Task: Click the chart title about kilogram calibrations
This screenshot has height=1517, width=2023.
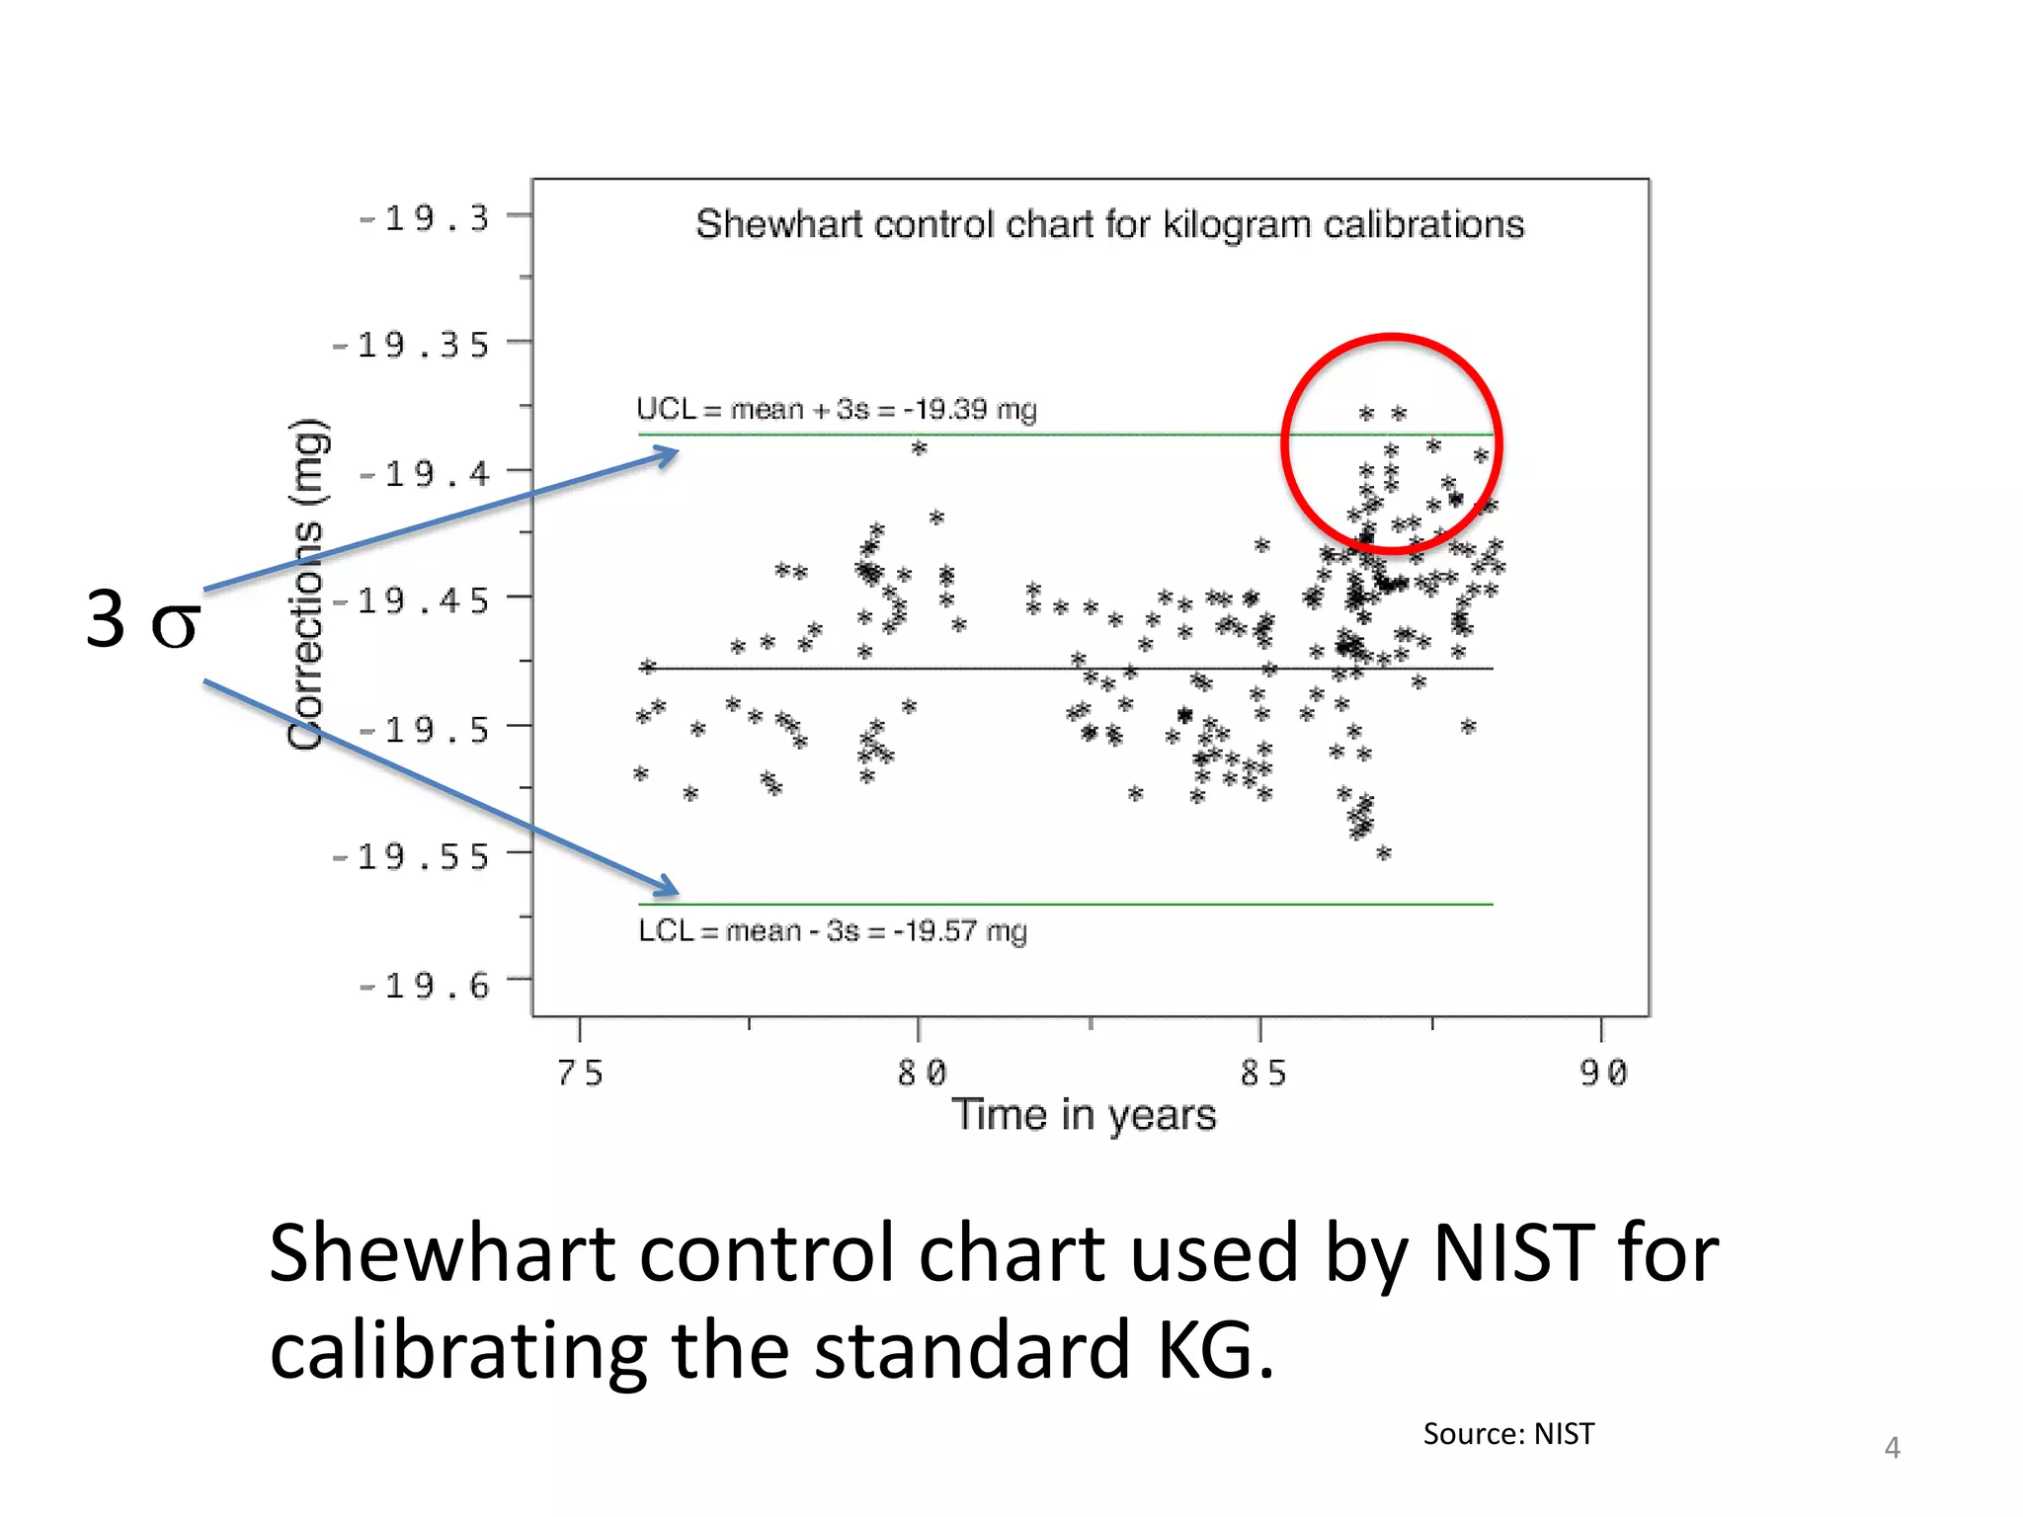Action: [1109, 224]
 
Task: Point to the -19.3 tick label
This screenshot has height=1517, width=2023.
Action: [425, 218]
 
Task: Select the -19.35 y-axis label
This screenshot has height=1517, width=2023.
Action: [411, 346]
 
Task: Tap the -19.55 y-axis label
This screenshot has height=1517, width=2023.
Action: [411, 857]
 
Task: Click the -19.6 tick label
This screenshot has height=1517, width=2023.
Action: [425, 986]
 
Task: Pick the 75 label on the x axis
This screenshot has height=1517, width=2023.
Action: [580, 1073]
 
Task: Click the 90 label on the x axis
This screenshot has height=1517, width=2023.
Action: [1602, 1073]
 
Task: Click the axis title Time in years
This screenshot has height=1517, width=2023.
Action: [1084, 1115]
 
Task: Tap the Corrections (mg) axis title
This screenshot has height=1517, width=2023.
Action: [306, 585]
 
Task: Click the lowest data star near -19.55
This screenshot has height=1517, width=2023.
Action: [1384, 853]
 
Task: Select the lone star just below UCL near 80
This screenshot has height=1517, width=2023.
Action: [919, 448]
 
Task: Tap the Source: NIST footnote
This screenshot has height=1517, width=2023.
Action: [1508, 1434]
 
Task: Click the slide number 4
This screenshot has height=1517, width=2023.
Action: [1892, 1448]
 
